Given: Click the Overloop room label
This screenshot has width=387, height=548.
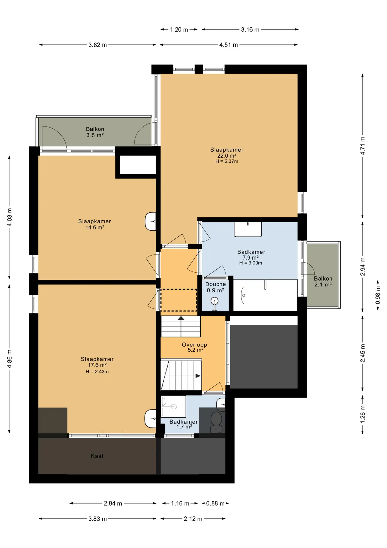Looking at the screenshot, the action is coord(194,344).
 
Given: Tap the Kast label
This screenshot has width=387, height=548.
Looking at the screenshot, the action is coord(97,456).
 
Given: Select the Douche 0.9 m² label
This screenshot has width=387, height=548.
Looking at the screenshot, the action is coord(215,287).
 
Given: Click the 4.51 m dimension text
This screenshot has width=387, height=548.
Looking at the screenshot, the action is coord(229,45).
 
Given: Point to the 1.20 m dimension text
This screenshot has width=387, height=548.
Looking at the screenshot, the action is coord(179,29).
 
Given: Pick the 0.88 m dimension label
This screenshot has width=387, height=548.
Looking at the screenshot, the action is coord(215,503).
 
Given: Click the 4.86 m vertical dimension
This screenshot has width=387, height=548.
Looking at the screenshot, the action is coord(9,359).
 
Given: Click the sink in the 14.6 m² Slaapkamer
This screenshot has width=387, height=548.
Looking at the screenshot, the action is coord(151,221).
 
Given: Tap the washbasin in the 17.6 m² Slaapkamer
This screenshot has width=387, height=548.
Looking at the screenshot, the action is coord(150,419).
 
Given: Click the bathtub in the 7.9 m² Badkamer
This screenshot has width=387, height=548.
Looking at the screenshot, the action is coord(265,295).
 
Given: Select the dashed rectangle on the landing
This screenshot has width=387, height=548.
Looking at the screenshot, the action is coord(179,300).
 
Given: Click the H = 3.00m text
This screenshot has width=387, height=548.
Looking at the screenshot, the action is coord(250,263).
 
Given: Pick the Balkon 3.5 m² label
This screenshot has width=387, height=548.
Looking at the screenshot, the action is coord(95,132).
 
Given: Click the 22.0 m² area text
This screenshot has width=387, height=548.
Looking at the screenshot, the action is coord(227,156).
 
